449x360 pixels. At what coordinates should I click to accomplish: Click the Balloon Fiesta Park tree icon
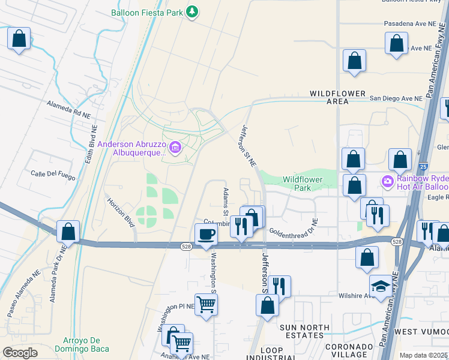tap(191, 12)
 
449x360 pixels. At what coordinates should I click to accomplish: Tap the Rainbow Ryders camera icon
tap(388, 181)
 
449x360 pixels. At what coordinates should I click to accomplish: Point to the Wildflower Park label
tap(303, 184)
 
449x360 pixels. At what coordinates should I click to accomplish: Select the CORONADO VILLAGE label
tap(349, 351)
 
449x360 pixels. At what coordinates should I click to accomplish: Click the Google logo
tap(20, 352)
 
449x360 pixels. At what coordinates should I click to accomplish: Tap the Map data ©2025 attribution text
tap(424, 355)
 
